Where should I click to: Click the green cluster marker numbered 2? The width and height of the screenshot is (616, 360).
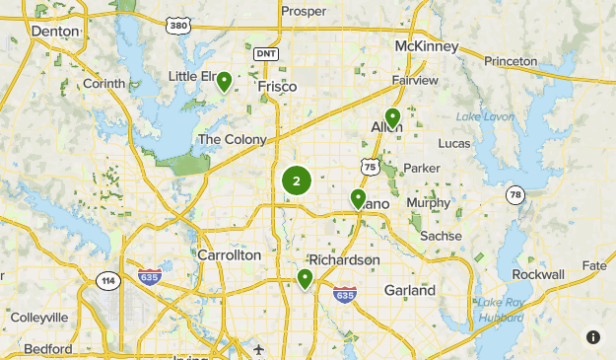(x=296, y=180)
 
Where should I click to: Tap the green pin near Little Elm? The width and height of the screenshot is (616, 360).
(x=225, y=82)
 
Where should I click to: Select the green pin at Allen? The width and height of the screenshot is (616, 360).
(x=392, y=119)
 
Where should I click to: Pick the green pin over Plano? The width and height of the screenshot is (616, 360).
(x=358, y=199)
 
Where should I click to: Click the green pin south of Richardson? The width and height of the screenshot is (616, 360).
(x=306, y=280)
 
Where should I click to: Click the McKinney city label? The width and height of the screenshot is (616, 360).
(x=428, y=46)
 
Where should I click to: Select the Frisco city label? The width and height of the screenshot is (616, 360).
(x=277, y=87)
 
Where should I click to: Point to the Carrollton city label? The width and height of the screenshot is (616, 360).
(x=230, y=254)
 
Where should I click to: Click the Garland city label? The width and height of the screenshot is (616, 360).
(x=409, y=291)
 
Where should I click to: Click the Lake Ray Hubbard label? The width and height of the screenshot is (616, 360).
(x=502, y=310)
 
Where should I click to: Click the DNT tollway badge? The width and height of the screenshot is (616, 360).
(x=265, y=53)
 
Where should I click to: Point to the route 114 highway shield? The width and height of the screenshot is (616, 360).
(x=107, y=281)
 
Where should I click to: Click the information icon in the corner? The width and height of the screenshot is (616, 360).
(x=592, y=337)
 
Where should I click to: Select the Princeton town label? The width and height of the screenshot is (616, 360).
(x=511, y=61)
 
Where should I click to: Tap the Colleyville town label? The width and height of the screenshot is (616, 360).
(x=39, y=318)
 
